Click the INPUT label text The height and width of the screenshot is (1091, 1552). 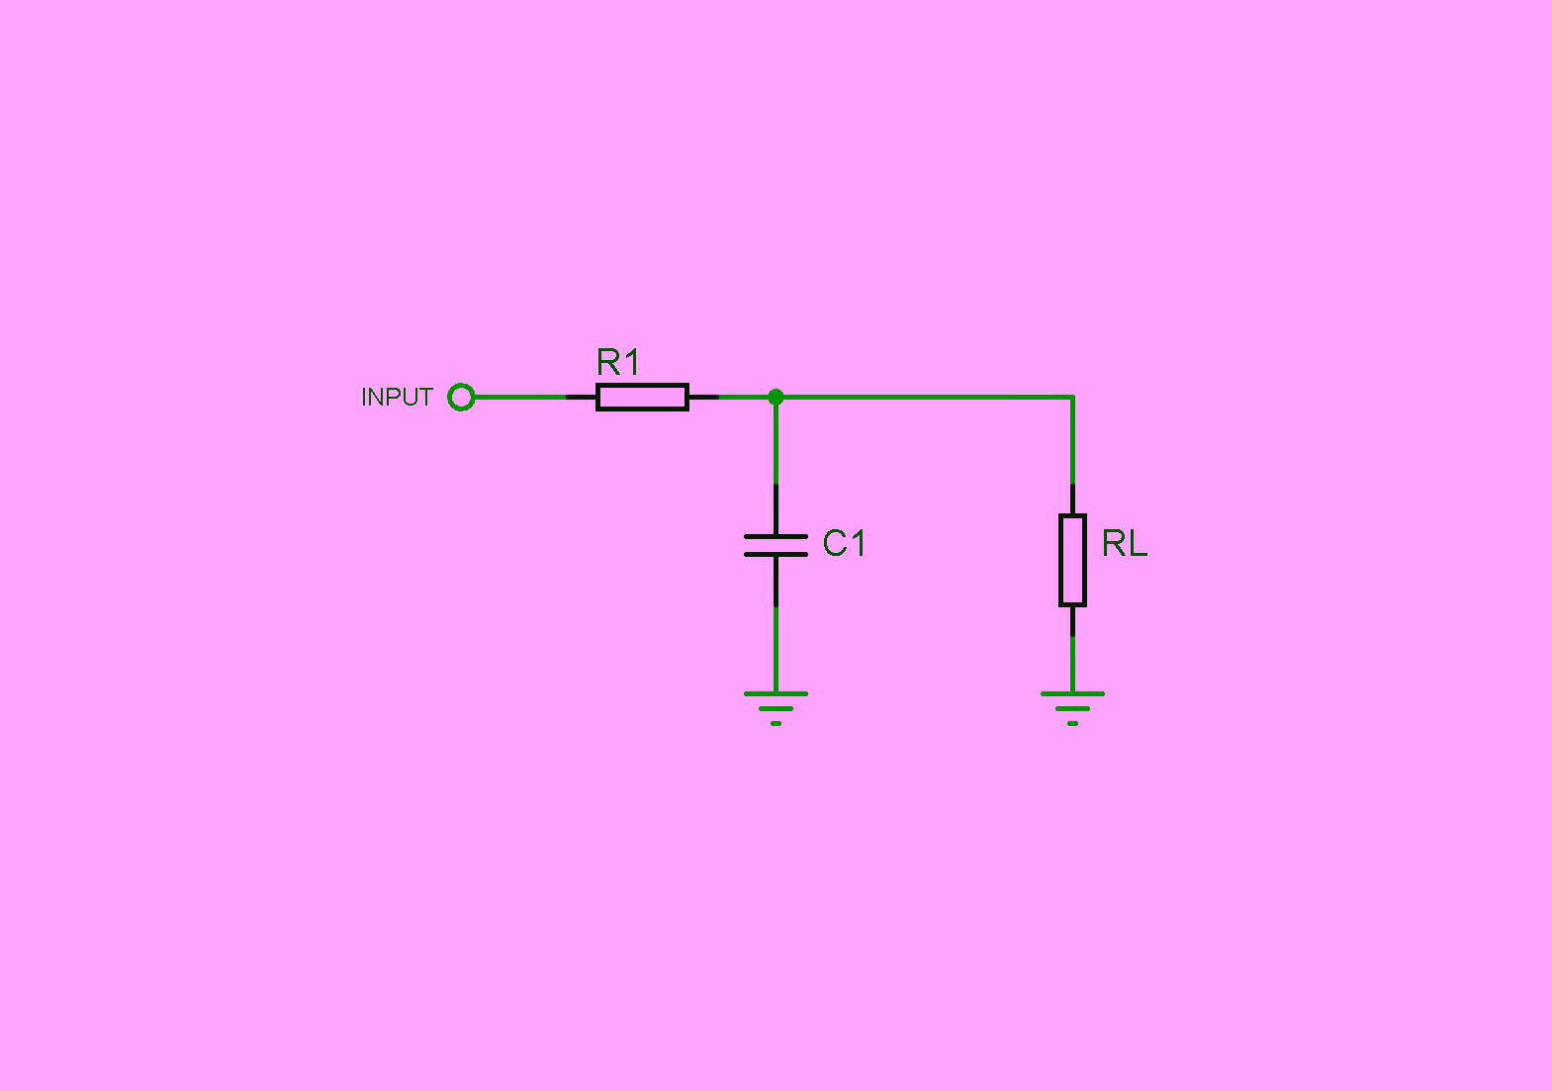[397, 397]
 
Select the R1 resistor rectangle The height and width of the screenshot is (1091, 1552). [642, 397]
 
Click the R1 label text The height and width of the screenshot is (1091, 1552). [617, 362]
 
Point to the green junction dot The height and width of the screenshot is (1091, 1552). [776, 397]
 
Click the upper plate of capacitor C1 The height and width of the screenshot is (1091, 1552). [776, 536]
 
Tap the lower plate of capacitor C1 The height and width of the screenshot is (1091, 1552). [776, 554]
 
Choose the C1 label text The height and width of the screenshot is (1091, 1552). [844, 542]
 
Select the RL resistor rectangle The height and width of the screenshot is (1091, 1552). [1072, 561]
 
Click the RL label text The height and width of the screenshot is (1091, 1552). [1125, 542]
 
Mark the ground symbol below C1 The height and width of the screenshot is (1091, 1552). [776, 708]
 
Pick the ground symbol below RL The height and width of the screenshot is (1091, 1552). [1072, 708]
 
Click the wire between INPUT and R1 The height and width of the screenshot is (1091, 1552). [521, 397]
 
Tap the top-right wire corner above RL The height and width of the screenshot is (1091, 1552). [1072, 397]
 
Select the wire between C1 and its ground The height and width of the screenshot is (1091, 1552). [776, 649]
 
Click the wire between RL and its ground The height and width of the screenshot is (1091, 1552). [1072, 664]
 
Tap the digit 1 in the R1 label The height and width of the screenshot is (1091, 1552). [631, 362]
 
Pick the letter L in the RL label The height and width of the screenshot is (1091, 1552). [1138, 542]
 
